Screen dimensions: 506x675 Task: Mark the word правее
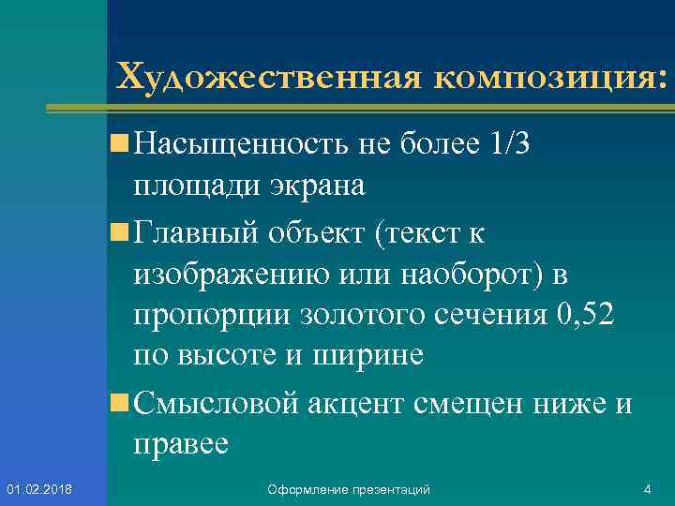[181, 444]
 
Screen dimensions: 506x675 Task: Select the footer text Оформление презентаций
[349, 489]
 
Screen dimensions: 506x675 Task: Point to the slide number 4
[647, 489]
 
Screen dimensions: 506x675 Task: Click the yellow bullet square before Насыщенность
[118, 144]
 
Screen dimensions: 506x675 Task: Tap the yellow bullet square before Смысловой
[118, 404]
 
